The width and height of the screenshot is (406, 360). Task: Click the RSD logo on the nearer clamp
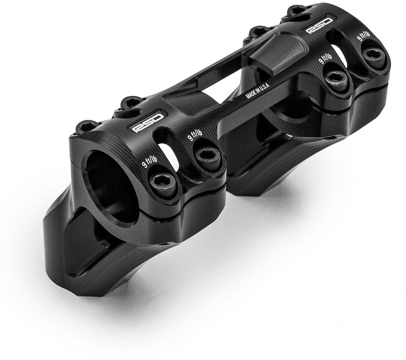tap(148, 123)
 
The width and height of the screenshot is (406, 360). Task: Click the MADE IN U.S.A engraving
tap(258, 90)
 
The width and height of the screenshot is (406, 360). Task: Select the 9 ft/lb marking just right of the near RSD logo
tap(195, 135)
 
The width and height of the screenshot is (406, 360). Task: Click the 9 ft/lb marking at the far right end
tap(363, 36)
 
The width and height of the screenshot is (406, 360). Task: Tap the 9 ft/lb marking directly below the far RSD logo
tap(325, 58)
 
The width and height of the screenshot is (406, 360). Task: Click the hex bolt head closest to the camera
tap(162, 183)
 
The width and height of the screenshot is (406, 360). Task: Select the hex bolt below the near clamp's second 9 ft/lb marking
tap(208, 156)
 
